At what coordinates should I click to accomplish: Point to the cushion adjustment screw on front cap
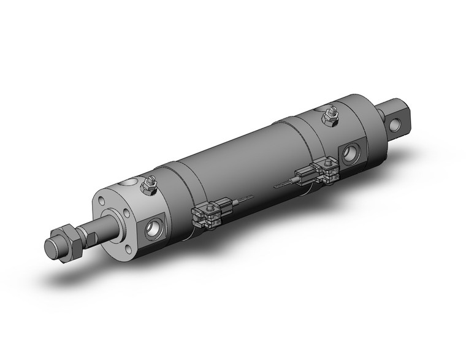point(148,184)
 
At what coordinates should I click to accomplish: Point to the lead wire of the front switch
point(245,197)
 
